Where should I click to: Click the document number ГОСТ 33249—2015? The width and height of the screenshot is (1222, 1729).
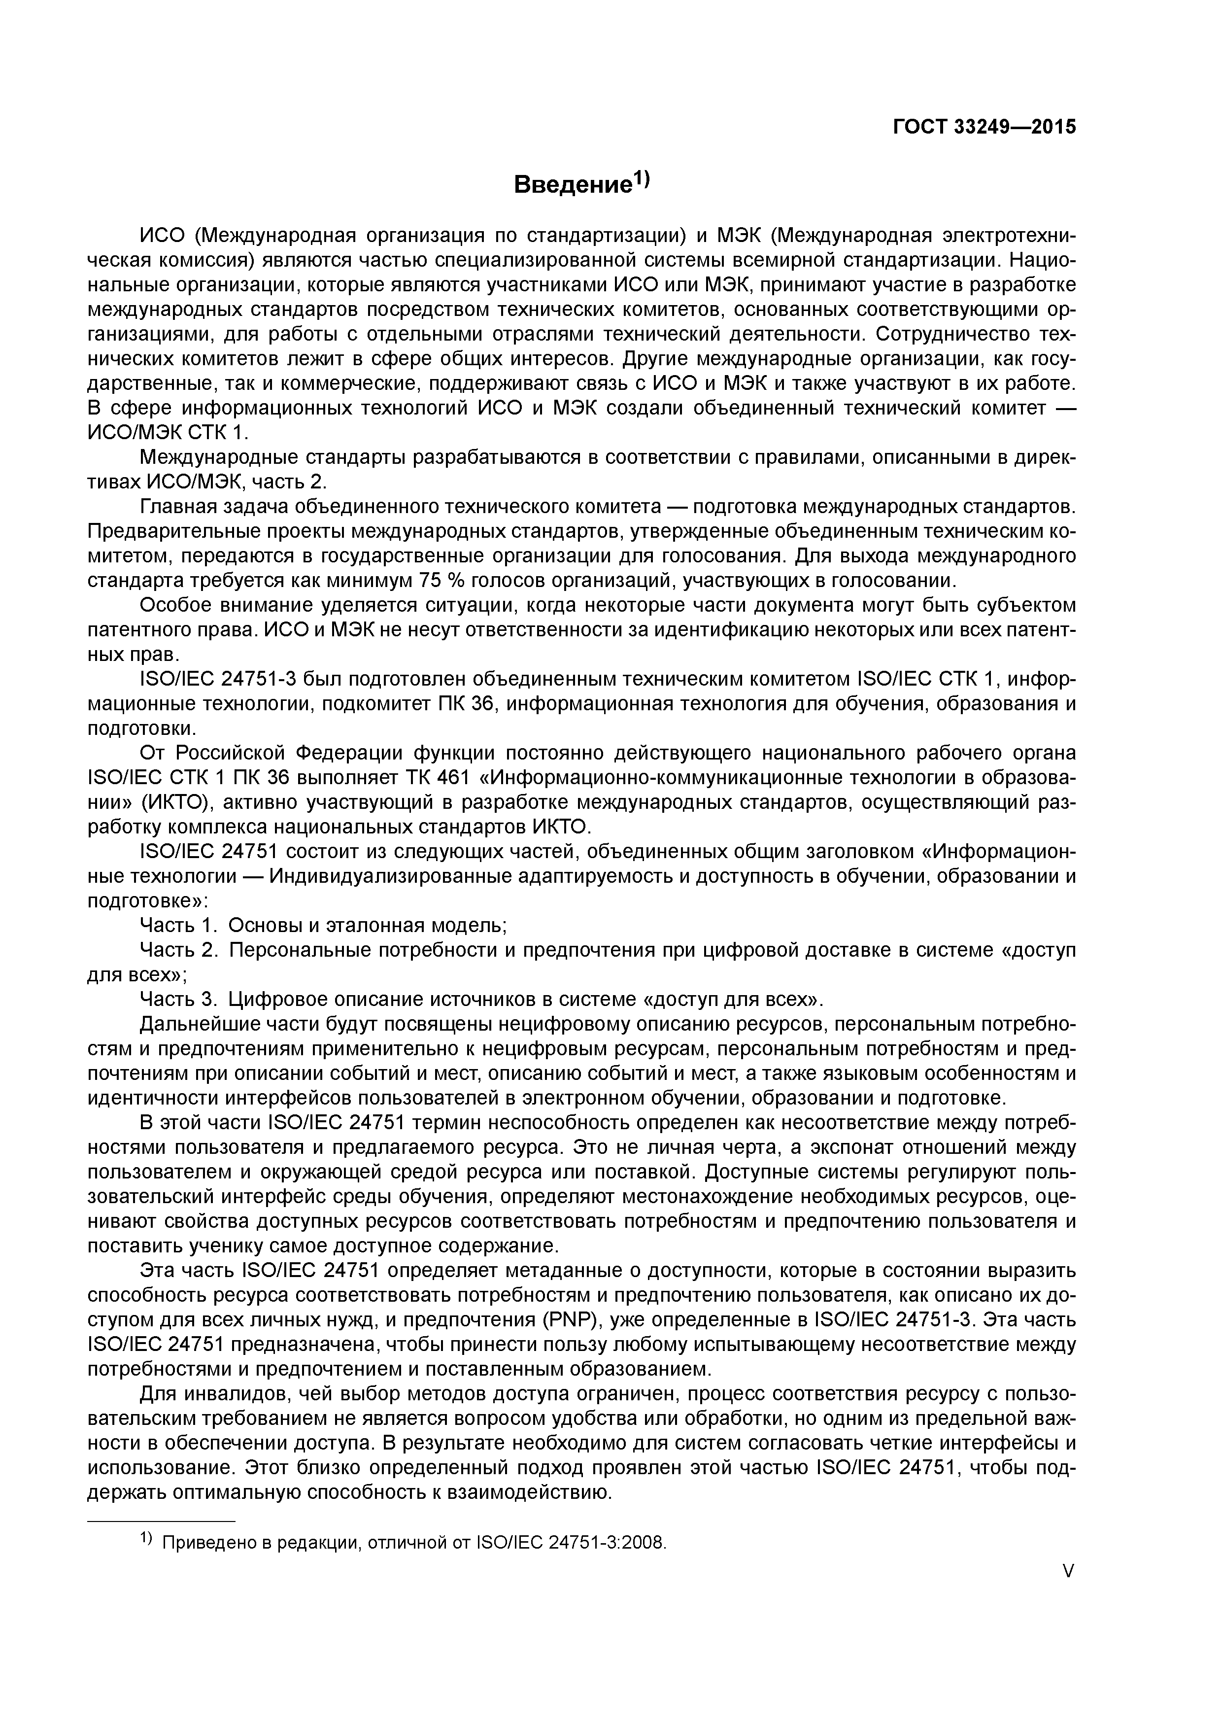point(984,127)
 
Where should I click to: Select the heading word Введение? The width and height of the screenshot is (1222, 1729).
point(571,184)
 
